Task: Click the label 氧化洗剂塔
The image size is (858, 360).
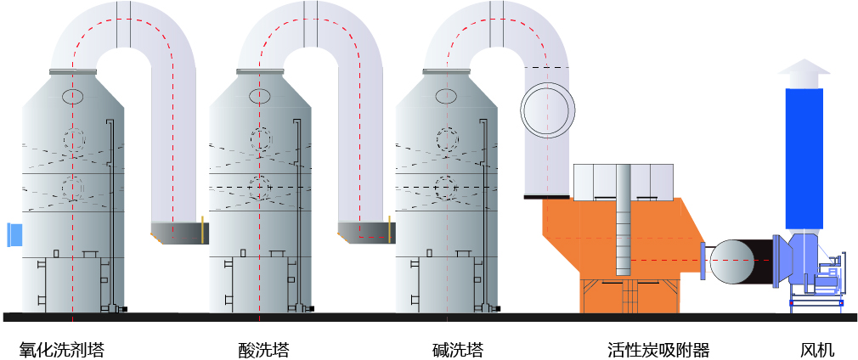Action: pos(62,349)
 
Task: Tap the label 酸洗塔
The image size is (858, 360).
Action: pos(263,349)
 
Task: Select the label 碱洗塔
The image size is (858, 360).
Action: pos(458,349)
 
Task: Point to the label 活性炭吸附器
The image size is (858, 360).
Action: pos(658,349)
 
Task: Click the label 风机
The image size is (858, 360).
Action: pos(817,349)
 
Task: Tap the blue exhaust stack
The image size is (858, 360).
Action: pos(804,157)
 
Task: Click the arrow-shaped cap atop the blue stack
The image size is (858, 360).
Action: pos(804,73)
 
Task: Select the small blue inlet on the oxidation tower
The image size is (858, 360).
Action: pos(14,233)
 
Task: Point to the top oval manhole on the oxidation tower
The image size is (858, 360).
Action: pos(73,97)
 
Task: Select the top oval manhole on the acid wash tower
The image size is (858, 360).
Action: pos(260,97)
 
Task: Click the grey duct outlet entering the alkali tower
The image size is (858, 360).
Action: pos(365,231)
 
